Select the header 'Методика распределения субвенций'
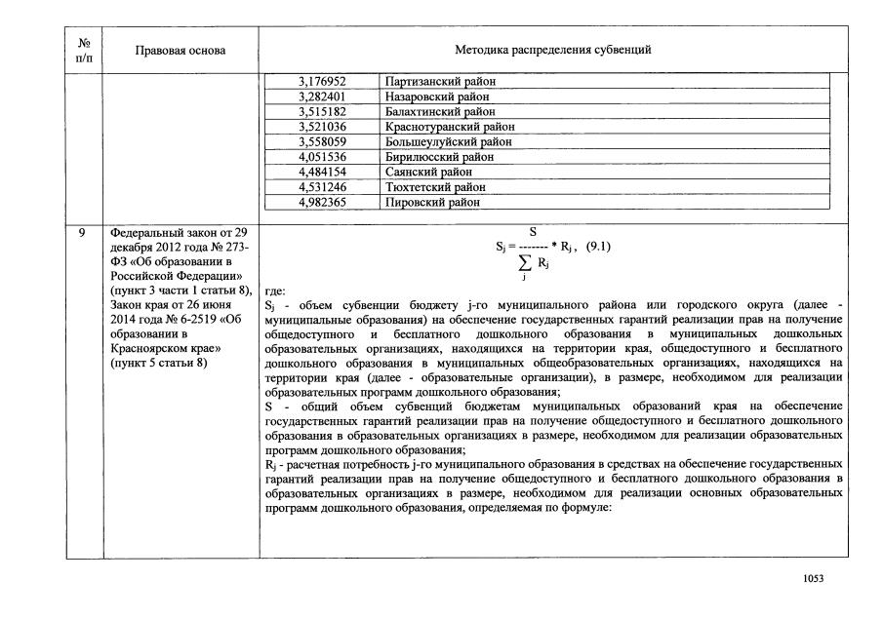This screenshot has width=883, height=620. pos(552,50)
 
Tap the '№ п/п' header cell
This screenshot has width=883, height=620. pos(84,50)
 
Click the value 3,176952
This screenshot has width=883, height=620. pos(322,82)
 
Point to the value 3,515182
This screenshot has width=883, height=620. pos(322,112)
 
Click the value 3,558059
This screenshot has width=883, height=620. pos(322,142)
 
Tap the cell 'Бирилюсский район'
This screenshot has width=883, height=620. pos(439,157)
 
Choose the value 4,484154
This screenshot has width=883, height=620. pos(322,173)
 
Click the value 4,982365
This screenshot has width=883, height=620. pos(322,203)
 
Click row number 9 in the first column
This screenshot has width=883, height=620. pos(84,234)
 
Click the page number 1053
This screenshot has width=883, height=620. pos(813,578)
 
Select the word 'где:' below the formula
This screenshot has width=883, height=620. pos(275,291)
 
